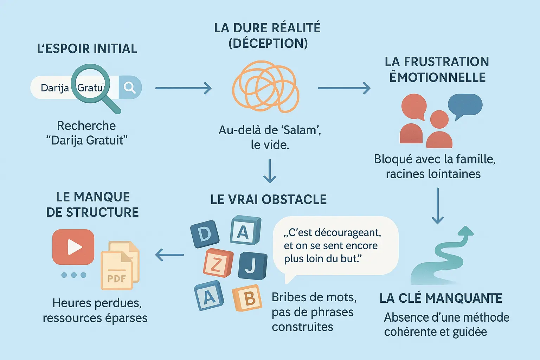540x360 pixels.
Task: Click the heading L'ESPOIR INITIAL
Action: pos(87,49)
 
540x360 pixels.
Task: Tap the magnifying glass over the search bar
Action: pos(91,84)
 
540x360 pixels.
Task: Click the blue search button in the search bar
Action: pos(130,87)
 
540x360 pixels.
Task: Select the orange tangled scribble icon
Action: pos(265,86)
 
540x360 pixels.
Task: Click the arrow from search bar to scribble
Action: pos(183,88)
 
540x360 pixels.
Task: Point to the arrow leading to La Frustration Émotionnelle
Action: pos(344,88)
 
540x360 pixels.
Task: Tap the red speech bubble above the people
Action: pos(414,107)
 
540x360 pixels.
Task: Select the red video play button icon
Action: pos(73,247)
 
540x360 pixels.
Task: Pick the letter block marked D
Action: pos(205,234)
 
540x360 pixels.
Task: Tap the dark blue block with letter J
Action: pos(252,265)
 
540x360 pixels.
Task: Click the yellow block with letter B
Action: pos(247,298)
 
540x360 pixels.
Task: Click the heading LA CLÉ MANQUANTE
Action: pos(441,298)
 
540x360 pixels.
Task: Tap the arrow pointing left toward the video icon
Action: pos(169,255)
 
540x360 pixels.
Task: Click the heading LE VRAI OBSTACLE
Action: pos(269,199)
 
